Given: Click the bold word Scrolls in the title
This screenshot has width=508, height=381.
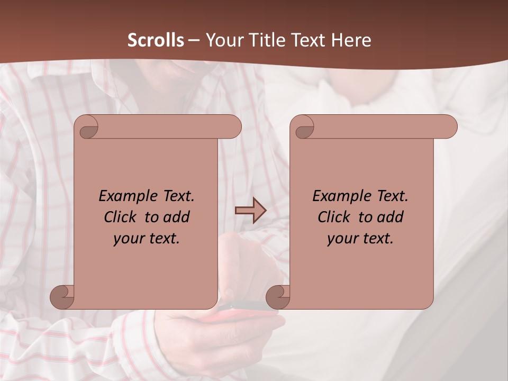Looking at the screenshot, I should [x=156, y=40].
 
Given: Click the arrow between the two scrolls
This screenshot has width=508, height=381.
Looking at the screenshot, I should [x=250, y=211].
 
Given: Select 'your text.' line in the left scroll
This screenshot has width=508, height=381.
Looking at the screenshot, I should [x=147, y=238].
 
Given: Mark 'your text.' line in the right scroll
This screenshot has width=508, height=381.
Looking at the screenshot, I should [x=360, y=238].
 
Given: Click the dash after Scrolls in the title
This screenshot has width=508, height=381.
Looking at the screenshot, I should [x=194, y=40].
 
